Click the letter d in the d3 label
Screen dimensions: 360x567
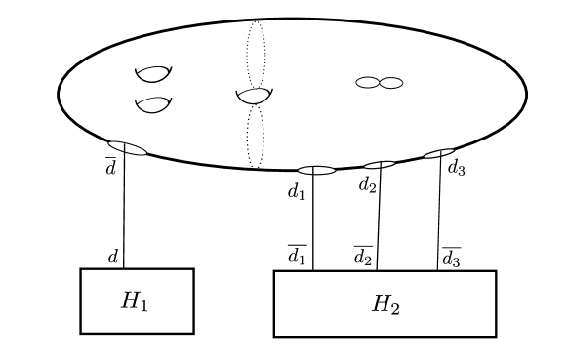tap(452, 167)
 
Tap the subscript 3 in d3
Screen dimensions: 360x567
tap(461, 171)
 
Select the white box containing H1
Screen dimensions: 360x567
tap(137, 300)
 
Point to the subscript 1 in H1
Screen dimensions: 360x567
tap(143, 305)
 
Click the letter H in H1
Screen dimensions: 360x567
tap(130, 300)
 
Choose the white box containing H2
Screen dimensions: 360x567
tap(385, 303)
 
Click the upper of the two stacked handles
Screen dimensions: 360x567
tap(153, 73)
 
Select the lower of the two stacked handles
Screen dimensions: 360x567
tap(153, 103)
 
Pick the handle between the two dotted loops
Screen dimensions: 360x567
tap(254, 96)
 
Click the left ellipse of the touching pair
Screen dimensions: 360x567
tap(367, 83)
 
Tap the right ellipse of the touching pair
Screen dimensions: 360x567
tap(390, 83)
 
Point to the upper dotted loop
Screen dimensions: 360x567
tap(256, 54)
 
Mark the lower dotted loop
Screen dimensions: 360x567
tap(255, 137)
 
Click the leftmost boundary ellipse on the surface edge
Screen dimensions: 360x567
tap(128, 147)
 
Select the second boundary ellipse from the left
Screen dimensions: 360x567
tap(316, 170)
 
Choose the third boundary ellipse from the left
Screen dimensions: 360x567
tap(380, 165)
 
